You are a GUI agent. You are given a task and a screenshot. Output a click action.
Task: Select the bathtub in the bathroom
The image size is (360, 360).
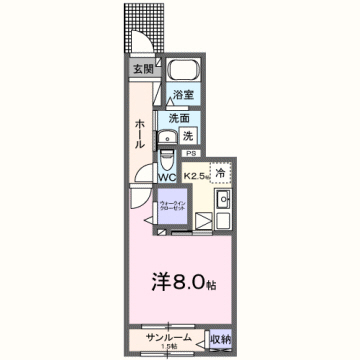[183, 72]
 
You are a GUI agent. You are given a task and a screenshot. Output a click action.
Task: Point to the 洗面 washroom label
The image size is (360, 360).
[179, 117]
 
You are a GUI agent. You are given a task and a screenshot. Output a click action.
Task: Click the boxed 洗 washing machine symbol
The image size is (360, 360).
[189, 135]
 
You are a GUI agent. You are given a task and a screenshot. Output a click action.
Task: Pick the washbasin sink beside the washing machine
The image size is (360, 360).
[169, 136]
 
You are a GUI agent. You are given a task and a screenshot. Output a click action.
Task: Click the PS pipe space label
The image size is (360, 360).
[190, 153]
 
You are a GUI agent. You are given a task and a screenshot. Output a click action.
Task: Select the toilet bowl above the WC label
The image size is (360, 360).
[168, 160]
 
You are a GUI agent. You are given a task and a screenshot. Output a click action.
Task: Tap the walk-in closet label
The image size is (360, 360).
[169, 208]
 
